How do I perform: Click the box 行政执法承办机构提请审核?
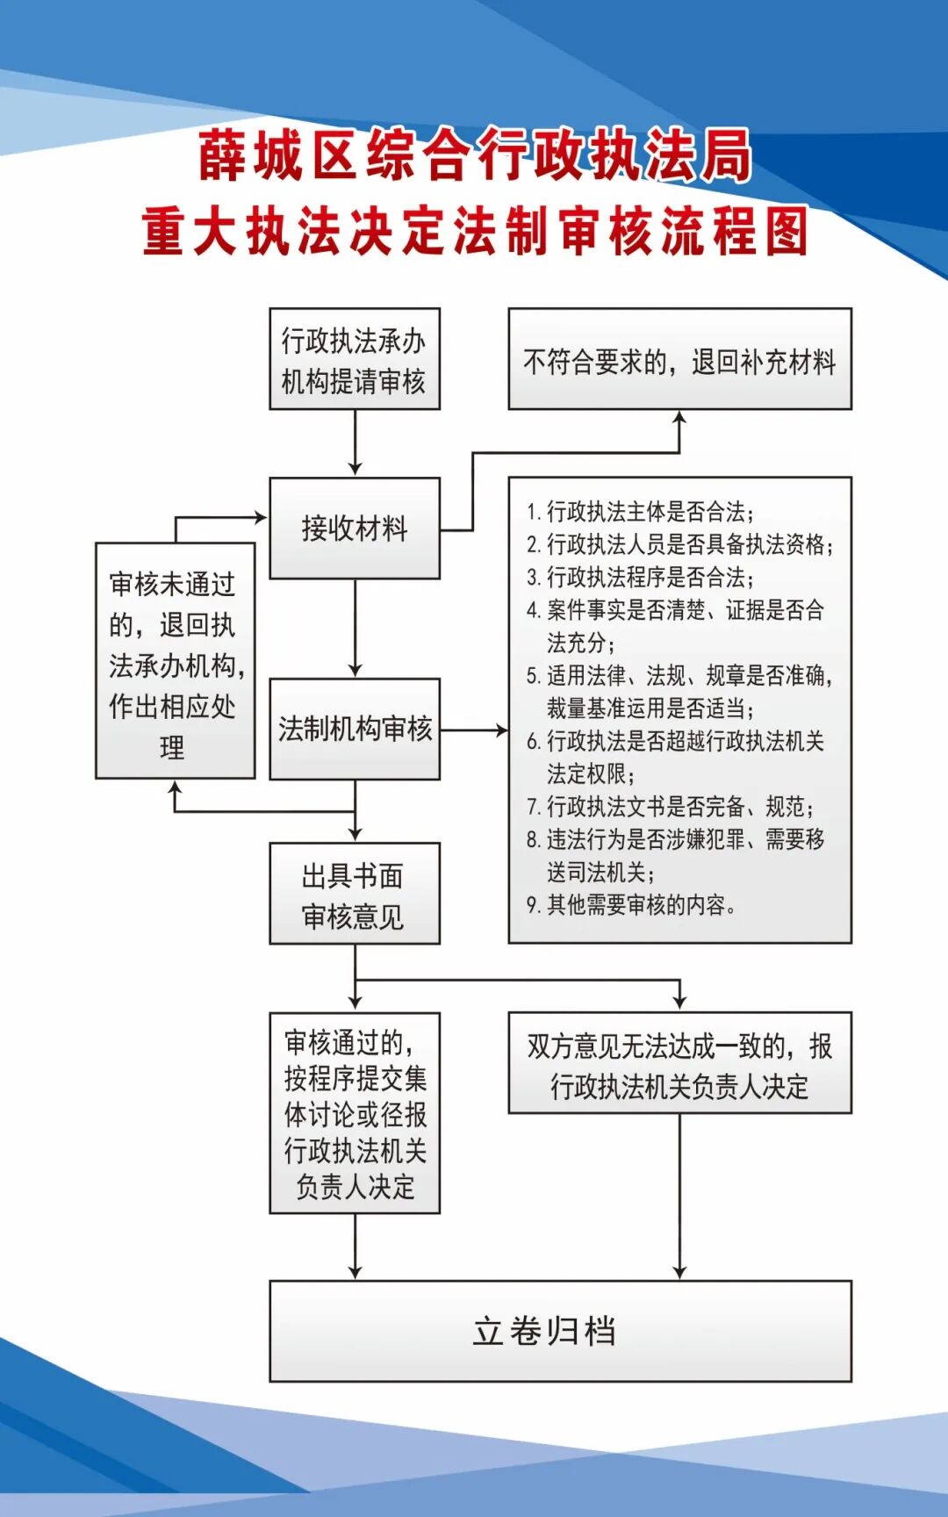coord(354,359)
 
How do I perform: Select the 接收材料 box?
coord(354,528)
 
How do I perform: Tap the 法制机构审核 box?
coord(354,729)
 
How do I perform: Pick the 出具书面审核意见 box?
coord(354,894)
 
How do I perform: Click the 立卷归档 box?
coord(560,1331)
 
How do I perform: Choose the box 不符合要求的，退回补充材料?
coord(679,359)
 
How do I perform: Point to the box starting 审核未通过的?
coord(175,660)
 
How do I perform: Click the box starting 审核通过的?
coord(354,1113)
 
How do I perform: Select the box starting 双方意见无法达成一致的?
coord(679,1063)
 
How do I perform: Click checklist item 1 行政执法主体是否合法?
coord(641,512)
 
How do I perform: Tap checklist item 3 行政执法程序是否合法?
coord(641,578)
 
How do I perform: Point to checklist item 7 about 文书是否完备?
coord(671,807)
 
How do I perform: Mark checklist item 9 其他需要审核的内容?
coord(632,905)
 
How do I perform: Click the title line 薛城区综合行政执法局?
coord(474,155)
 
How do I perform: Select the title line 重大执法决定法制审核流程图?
coord(474,231)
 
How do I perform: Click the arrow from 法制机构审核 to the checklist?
coord(474,730)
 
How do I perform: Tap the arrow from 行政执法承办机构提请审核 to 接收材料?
coord(355,442)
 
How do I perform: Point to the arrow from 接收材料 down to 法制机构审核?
coord(355,629)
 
